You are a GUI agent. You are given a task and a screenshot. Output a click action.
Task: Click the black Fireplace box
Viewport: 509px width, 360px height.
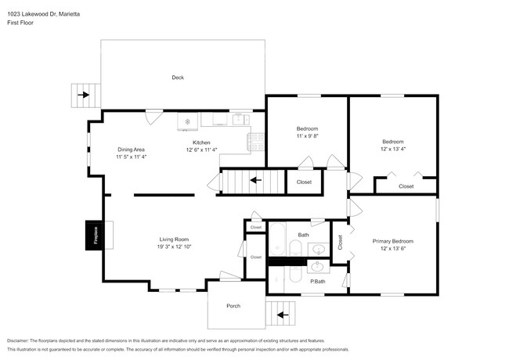[93, 235]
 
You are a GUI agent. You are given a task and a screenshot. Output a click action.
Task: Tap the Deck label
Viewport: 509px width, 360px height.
[178, 77]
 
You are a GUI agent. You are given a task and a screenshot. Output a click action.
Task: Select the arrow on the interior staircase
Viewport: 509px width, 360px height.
[255, 182]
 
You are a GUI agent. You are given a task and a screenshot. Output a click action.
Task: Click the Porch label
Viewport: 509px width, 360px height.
[233, 305]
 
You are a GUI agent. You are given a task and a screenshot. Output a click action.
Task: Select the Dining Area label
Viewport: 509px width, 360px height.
[131, 149]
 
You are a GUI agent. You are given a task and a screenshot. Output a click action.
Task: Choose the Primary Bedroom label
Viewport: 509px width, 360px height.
[392, 241]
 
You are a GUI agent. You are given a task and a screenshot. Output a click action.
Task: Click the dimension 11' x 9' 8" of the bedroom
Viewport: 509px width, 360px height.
[307, 136]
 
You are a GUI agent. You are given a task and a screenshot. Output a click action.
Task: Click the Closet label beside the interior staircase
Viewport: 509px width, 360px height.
[304, 182]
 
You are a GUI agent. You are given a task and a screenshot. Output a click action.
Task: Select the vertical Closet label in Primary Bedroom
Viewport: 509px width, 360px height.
[341, 243]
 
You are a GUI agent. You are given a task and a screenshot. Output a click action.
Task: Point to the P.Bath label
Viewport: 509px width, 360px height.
[317, 281]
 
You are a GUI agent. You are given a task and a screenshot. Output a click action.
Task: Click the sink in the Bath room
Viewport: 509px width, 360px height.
[318, 250]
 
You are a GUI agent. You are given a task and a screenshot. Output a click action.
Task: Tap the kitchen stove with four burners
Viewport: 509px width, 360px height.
[256, 141]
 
